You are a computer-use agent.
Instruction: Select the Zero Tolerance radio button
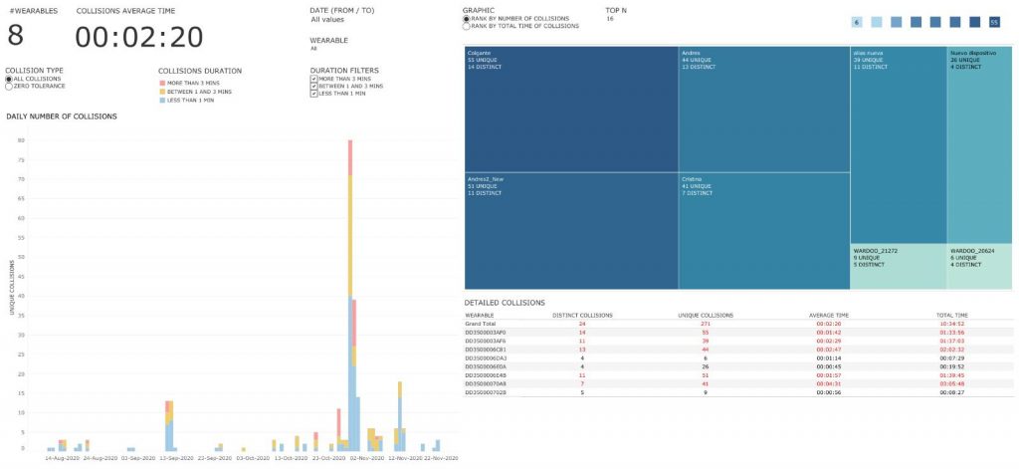[x=9, y=87]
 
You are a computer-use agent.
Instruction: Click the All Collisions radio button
[x=9, y=79]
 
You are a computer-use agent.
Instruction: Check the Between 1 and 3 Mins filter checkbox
[x=314, y=86]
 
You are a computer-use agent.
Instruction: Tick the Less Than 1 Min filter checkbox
[x=314, y=94]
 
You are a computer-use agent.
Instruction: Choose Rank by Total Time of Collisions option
[x=467, y=26]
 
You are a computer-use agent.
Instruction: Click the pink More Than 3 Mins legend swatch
[x=162, y=83]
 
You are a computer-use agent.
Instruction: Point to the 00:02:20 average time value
[x=139, y=37]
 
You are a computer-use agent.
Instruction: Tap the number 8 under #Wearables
[x=16, y=36]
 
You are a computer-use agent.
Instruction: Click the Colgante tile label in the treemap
[x=481, y=53]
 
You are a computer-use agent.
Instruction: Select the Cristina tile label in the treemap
[x=696, y=179]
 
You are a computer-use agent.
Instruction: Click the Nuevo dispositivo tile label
[x=973, y=53]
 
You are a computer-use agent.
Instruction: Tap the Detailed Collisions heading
[x=505, y=302]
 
